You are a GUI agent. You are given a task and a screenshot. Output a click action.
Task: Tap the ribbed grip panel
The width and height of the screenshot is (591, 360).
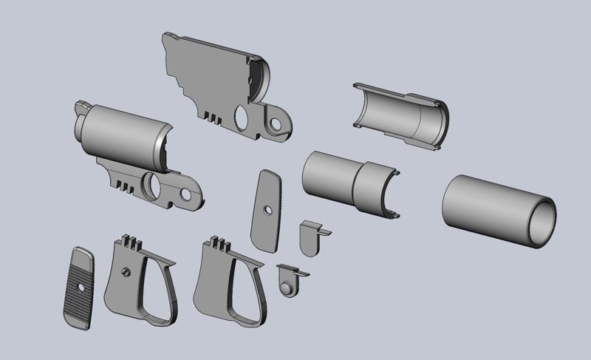click(x=77, y=288)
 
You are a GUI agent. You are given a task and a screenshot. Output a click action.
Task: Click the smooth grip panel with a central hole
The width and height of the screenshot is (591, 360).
click(x=267, y=211)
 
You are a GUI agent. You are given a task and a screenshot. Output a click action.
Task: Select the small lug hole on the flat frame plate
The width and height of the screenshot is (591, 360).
click(x=278, y=123)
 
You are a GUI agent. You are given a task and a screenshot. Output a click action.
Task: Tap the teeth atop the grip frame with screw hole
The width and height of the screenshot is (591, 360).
click(x=130, y=241)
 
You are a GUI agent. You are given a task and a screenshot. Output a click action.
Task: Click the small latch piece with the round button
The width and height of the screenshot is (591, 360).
click(x=289, y=280)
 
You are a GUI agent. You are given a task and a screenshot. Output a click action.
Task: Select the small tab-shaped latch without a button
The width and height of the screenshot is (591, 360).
click(x=310, y=237)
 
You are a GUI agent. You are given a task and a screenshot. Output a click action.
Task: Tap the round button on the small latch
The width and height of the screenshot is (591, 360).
click(x=287, y=285)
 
